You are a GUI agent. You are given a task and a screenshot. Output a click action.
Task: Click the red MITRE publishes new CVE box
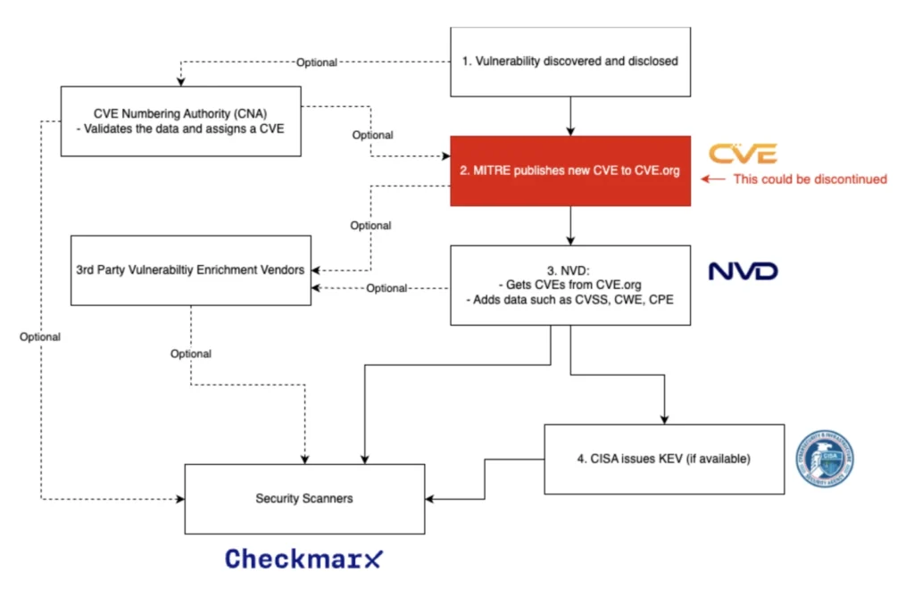click(570, 171)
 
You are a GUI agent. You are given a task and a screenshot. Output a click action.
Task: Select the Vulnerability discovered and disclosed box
click(570, 62)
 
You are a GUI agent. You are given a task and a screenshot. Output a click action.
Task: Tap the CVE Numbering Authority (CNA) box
click(180, 120)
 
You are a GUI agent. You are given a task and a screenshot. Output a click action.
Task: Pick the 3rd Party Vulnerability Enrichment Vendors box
click(190, 269)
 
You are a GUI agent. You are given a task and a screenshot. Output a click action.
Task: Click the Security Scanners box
click(303, 498)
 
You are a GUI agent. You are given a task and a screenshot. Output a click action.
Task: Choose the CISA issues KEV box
click(663, 459)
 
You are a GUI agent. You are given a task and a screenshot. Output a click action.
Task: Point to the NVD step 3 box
click(570, 285)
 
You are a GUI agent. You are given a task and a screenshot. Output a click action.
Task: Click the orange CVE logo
click(743, 153)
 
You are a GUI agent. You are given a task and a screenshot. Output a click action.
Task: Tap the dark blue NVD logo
click(743, 270)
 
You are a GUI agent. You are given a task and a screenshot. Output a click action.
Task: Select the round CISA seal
click(824, 459)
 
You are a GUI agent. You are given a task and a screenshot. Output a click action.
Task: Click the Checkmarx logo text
click(303, 560)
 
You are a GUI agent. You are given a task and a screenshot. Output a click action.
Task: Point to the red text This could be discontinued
click(810, 179)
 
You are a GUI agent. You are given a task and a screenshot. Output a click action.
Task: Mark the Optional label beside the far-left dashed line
click(40, 336)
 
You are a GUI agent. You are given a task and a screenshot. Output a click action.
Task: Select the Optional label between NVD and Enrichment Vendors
click(386, 288)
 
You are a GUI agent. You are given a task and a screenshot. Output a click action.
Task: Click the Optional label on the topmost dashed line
click(316, 62)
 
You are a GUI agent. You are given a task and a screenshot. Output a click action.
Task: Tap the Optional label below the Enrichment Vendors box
click(191, 353)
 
